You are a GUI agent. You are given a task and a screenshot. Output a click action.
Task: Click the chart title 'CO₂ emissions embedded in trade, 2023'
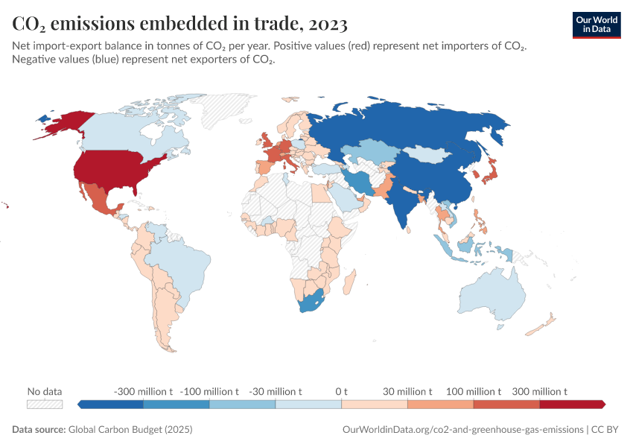(x=179, y=24)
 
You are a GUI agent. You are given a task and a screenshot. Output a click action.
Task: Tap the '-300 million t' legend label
(x=143, y=391)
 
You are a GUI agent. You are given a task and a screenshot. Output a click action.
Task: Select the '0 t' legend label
(x=342, y=391)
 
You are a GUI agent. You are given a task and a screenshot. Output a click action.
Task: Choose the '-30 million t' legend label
(x=276, y=391)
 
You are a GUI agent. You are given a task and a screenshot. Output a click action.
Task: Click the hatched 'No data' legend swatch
(x=45, y=404)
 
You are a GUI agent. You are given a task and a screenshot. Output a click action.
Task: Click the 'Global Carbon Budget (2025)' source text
(x=131, y=430)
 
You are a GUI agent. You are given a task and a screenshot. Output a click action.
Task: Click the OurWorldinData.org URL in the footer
(x=462, y=430)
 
